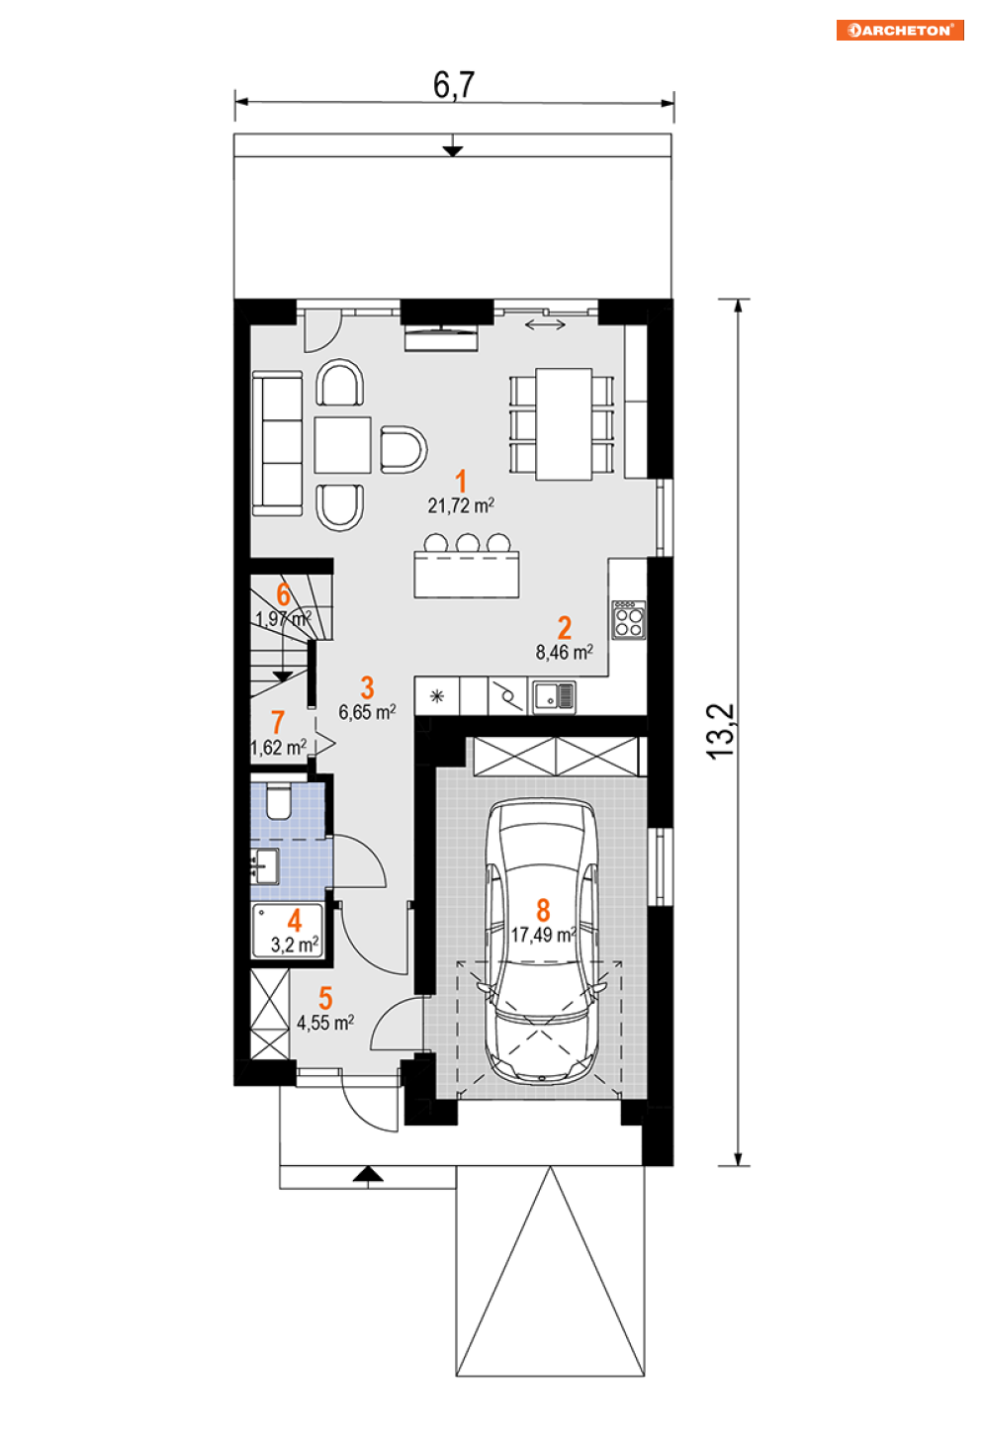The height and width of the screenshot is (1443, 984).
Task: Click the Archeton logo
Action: click(x=900, y=31)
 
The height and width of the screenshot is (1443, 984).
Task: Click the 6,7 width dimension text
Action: click(x=454, y=85)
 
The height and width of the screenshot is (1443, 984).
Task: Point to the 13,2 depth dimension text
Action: click(x=721, y=732)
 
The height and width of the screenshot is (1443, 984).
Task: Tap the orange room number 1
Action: click(x=461, y=482)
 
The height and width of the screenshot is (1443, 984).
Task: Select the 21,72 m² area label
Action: click(x=461, y=505)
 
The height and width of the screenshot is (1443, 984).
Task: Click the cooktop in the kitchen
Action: click(x=629, y=620)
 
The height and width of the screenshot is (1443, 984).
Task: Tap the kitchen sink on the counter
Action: click(x=554, y=696)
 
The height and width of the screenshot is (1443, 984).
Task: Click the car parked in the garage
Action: click(x=542, y=942)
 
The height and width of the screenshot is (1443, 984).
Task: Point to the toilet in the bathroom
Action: click(x=278, y=801)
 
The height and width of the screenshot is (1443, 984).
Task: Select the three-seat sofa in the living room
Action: click(x=278, y=443)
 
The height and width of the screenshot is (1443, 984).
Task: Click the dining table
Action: click(x=564, y=424)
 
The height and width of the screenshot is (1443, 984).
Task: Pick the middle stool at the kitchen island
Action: click(x=468, y=543)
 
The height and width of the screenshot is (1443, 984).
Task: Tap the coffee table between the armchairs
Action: click(x=342, y=445)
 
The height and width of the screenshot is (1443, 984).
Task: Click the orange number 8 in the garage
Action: click(x=543, y=910)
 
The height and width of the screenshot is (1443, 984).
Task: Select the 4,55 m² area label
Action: click(x=325, y=1023)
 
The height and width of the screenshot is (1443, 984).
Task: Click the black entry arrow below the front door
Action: click(x=368, y=1174)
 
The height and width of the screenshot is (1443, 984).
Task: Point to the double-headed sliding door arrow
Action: click(x=546, y=324)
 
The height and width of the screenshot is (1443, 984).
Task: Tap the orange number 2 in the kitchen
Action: click(x=564, y=627)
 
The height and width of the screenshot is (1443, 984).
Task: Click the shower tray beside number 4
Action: click(x=287, y=931)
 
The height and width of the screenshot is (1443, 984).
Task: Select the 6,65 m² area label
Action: click(x=367, y=712)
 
